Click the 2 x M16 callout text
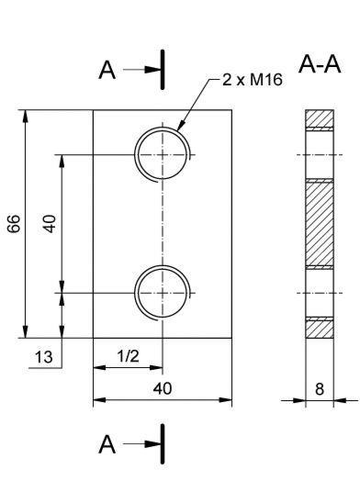(253, 80)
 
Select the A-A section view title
(320, 64)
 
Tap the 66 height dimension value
(14, 224)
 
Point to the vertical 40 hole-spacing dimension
(51, 224)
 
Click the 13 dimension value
(44, 357)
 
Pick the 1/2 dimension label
(128, 356)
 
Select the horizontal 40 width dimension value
(163, 388)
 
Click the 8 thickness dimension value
(320, 389)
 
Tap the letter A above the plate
(107, 70)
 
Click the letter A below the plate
(107, 444)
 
